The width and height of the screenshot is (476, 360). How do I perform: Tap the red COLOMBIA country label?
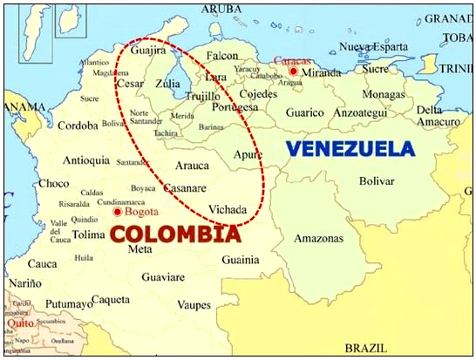[174, 234]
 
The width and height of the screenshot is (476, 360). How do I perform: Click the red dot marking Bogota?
[119, 211]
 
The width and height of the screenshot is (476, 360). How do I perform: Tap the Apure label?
[248, 154]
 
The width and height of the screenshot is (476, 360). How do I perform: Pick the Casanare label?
[185, 187]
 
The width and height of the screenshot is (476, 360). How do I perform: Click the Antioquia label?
[86, 160]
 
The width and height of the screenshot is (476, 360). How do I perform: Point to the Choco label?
[53, 183]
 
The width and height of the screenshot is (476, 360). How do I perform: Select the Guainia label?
[240, 259]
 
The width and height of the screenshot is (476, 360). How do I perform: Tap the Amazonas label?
[317, 238]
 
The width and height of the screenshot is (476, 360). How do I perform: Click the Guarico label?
[305, 112]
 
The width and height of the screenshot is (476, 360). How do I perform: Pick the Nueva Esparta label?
[373, 46]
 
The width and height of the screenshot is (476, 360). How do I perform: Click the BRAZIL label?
[364, 346]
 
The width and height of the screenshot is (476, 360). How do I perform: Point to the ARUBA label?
[221, 9]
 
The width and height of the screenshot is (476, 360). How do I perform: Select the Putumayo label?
[69, 304]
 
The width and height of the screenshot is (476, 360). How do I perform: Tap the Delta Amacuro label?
[437, 116]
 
